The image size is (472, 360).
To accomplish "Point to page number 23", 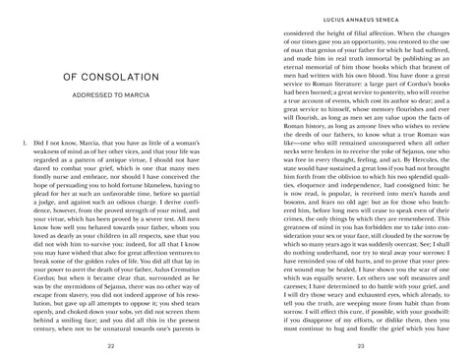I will coord(361,347).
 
